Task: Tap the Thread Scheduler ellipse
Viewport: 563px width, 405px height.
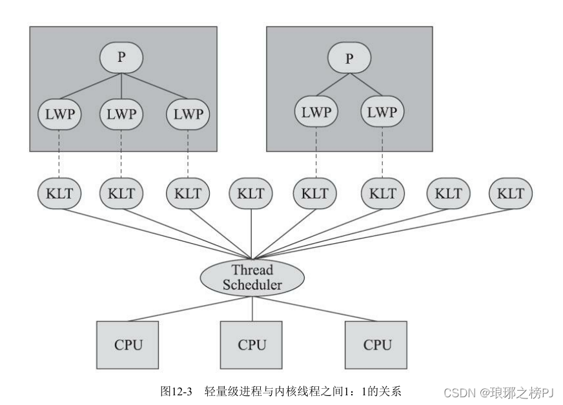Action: tap(252, 277)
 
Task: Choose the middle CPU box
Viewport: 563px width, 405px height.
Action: tap(252, 344)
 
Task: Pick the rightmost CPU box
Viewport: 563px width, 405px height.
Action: tap(377, 344)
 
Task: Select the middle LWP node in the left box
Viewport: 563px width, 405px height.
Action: tap(121, 114)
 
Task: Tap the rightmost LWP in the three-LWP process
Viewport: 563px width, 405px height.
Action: tap(187, 114)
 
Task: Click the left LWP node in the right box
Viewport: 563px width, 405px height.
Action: tap(316, 112)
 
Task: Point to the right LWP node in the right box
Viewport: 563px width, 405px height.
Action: tap(382, 112)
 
